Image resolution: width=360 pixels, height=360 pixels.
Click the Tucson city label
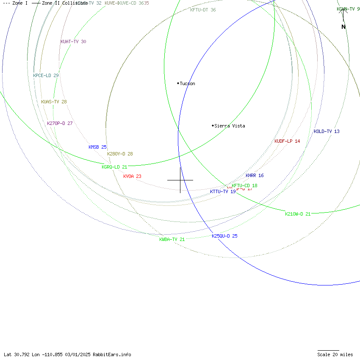[x=187, y=83]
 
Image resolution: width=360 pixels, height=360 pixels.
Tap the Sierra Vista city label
[x=229, y=126]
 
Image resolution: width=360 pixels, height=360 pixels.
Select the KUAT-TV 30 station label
[x=73, y=42]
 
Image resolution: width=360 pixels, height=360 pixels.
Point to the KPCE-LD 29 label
[x=46, y=75]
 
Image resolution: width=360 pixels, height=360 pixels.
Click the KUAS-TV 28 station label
[x=54, y=102]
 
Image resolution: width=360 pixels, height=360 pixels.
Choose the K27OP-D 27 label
[x=60, y=123]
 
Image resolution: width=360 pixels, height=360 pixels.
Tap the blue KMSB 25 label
[x=97, y=147]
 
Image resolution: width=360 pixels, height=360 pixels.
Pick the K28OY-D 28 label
[x=120, y=154]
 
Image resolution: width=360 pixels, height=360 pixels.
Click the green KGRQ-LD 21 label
[x=114, y=167]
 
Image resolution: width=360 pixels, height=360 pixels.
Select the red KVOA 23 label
[x=132, y=176]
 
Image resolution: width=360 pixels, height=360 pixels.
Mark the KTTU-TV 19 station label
[x=223, y=192]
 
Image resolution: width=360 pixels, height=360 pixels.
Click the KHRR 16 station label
[x=255, y=175]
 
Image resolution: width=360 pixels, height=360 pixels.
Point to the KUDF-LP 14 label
[x=287, y=141]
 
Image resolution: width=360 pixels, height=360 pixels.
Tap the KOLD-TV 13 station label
[x=327, y=131]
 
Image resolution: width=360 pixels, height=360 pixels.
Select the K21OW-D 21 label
[x=298, y=214]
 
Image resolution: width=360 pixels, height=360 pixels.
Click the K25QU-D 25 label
[x=224, y=236]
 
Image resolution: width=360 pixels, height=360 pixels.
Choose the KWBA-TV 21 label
[x=172, y=239]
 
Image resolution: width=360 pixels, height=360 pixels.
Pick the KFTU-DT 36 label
[x=203, y=10]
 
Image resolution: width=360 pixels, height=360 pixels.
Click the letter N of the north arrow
[x=343, y=27]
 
